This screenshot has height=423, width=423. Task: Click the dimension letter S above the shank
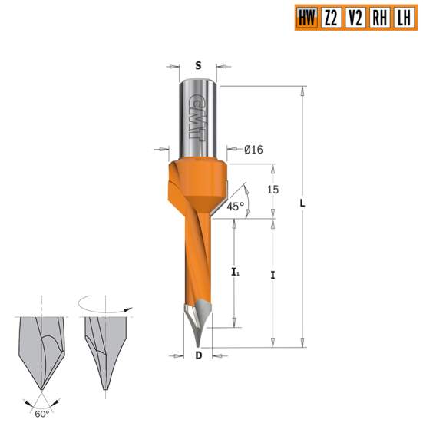pyautogui.click(x=197, y=66)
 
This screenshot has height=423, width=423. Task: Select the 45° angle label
pyautogui.click(x=236, y=206)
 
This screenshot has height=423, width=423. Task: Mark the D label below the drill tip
pyautogui.click(x=198, y=355)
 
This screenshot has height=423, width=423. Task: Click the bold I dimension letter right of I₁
pyautogui.click(x=273, y=273)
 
